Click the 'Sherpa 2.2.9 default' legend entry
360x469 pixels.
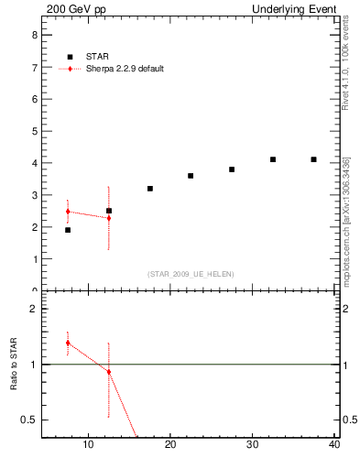click(x=123, y=69)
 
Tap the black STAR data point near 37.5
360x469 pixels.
click(x=314, y=159)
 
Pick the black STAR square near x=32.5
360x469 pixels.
click(x=273, y=159)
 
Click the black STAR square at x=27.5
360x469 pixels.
click(x=232, y=169)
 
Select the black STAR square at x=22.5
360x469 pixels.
click(x=191, y=176)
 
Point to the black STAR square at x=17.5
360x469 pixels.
click(x=149, y=189)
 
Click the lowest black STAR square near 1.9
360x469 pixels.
click(x=68, y=230)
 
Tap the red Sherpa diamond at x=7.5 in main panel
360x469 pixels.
click(x=68, y=212)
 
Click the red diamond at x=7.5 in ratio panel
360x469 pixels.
click(x=68, y=343)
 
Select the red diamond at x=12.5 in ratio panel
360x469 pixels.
click(x=109, y=372)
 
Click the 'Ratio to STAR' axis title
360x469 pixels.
click(x=14, y=365)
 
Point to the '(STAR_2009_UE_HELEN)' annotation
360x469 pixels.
click(x=191, y=274)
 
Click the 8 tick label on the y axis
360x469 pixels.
click(x=34, y=35)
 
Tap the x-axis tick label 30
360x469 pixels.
click(x=253, y=446)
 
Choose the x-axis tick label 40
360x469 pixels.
click(x=334, y=446)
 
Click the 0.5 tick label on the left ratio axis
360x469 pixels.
click(x=29, y=420)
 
